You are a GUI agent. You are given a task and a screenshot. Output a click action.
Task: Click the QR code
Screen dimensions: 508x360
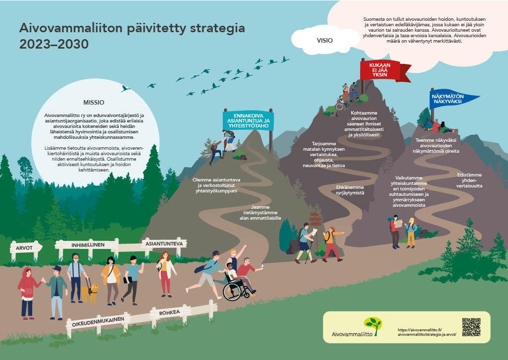pyautogui.click(x=471, y=327)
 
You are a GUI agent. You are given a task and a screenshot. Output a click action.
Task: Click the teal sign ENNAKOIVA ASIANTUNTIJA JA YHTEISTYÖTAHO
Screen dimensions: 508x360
pyautogui.click(x=249, y=121)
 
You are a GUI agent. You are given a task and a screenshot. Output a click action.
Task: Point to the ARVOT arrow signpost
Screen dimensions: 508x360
pyautogui.click(x=26, y=248)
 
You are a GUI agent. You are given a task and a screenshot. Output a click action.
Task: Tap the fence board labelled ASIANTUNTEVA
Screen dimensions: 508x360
pyautogui.click(x=164, y=244)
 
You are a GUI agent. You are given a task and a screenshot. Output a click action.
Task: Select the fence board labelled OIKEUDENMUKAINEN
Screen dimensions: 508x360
pyautogui.click(x=98, y=322)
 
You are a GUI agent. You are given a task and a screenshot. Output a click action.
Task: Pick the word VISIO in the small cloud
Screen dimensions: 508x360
pyautogui.click(x=324, y=41)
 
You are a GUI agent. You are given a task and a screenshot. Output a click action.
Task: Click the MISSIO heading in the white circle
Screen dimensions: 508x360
pyautogui.click(x=94, y=103)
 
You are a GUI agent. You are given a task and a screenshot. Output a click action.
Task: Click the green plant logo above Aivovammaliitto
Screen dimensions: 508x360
pyautogui.click(x=373, y=325)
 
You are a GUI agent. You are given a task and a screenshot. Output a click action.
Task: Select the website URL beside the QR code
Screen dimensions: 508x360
pyautogui.click(x=427, y=332)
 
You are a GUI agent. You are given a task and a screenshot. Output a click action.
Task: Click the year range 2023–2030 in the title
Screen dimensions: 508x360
pyautogui.click(x=54, y=44)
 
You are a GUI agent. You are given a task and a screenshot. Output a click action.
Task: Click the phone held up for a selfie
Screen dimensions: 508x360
pyautogui.click(x=262, y=266)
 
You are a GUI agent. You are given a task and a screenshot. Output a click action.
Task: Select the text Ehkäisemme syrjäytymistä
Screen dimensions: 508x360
pyautogui.click(x=350, y=190)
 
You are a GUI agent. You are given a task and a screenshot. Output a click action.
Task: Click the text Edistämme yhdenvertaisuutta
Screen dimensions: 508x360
pyautogui.click(x=469, y=180)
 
